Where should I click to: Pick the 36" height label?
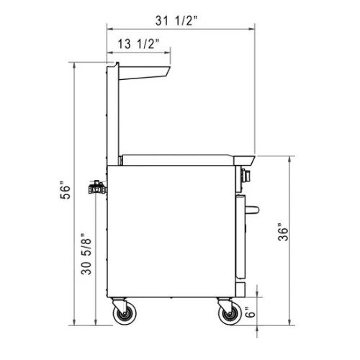[x=285, y=233]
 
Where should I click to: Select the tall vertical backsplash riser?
[x=112, y=115]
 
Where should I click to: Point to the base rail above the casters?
[x=173, y=297]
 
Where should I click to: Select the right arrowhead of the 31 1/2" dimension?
[x=253, y=29]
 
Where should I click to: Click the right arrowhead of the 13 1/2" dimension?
[x=169, y=51]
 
